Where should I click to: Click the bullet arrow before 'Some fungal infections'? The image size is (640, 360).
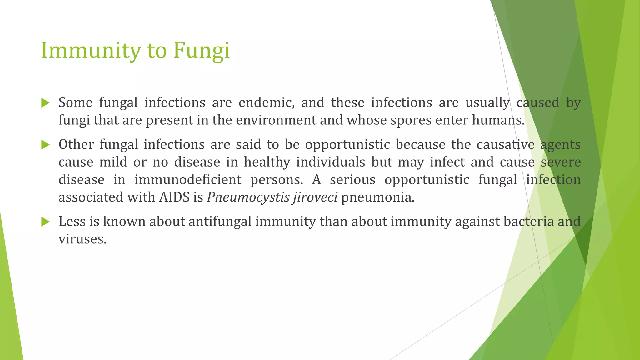click(45, 103)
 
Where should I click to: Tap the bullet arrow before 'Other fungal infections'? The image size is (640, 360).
click(45, 145)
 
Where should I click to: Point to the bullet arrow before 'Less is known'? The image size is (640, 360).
click(45, 222)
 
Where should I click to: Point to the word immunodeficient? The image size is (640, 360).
click(188, 180)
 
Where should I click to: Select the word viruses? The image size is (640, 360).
click(82, 239)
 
